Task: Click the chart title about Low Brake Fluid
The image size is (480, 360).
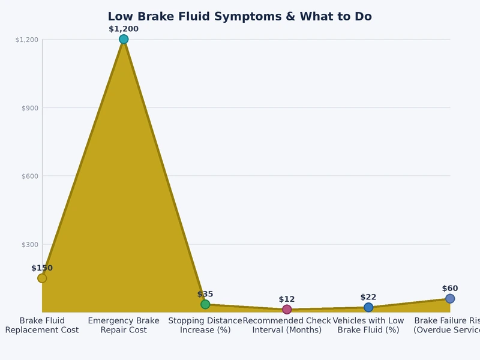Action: pyautogui.click(x=239, y=17)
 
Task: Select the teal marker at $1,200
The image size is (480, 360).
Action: pyautogui.click(x=124, y=40)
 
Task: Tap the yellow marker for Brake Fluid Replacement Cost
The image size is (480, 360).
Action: pyautogui.click(x=42, y=278)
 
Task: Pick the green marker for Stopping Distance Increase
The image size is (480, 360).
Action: pyautogui.click(x=205, y=304)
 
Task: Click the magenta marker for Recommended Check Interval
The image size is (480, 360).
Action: pyautogui.click(x=287, y=310)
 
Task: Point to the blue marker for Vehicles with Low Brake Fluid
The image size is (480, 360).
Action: pyautogui.click(x=368, y=307)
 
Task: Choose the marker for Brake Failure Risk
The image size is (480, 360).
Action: pyautogui.click(x=450, y=299)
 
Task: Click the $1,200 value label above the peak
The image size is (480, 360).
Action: pyautogui.click(x=124, y=29)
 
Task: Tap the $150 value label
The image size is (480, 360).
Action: pyautogui.click(x=42, y=268)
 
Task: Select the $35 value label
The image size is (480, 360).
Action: pyautogui.click(x=205, y=294)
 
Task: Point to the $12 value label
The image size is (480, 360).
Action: pyautogui.click(x=287, y=299)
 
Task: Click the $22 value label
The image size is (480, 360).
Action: pyautogui.click(x=368, y=297)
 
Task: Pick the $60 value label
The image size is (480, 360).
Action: pyautogui.click(x=450, y=289)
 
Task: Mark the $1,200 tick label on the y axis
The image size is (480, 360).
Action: pyautogui.click(x=27, y=40)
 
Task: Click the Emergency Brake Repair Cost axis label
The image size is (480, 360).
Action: pyautogui.click(x=124, y=325)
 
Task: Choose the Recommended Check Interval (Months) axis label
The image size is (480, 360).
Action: pyautogui.click(x=287, y=325)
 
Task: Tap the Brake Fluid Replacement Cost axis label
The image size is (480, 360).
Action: pyautogui.click(x=42, y=325)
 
